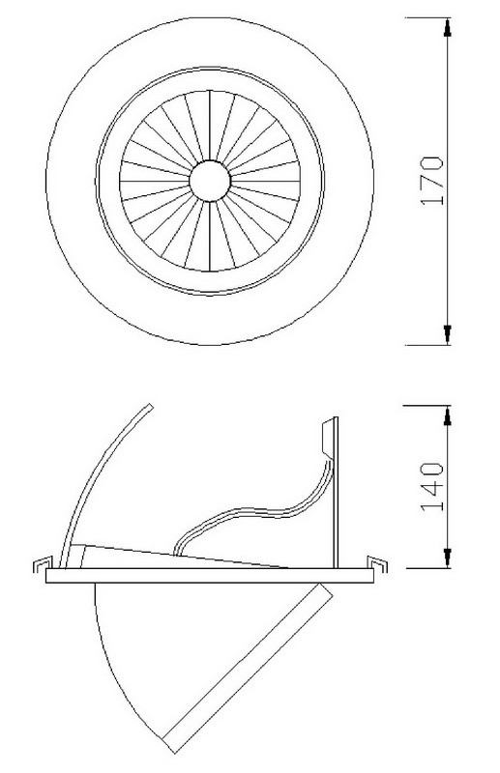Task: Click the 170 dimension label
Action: click(432, 181)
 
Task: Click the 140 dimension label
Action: click(432, 486)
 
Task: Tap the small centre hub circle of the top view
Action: click(210, 181)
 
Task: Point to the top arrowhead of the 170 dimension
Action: click(447, 27)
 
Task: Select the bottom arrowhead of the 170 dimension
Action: click(447, 335)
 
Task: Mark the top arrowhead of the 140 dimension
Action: click(447, 415)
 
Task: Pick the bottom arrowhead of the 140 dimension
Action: click(447, 558)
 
